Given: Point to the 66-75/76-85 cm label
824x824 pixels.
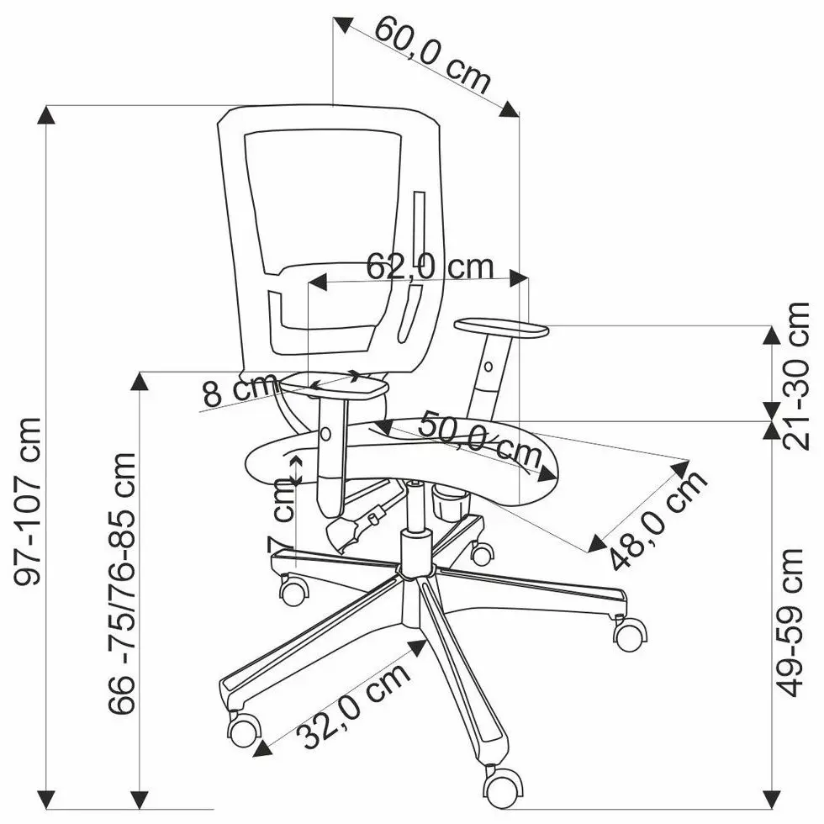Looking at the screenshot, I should [123, 584].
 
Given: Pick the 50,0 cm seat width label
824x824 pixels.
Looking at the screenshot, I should [480, 439].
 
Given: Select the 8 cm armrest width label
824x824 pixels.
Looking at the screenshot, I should [237, 391].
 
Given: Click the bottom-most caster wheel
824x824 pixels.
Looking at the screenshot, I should [501, 785].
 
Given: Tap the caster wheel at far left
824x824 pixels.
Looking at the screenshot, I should [244, 728].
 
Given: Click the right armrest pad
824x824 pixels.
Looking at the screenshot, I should [501, 329].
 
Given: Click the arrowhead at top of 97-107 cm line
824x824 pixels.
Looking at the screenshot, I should [48, 114].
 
